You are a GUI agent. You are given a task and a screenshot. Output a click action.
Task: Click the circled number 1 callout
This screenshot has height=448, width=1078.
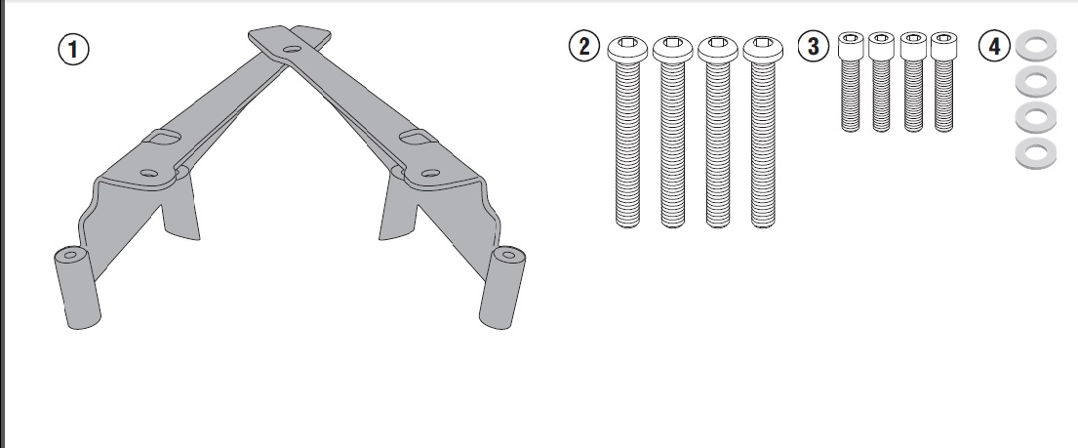[x=73, y=50]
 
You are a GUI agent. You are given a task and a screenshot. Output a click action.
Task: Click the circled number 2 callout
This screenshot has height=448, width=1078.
[x=584, y=46]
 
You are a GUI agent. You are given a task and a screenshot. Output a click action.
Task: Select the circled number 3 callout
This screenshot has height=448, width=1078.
[x=814, y=46]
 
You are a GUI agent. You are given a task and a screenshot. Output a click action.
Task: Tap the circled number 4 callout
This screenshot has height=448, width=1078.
[x=994, y=46]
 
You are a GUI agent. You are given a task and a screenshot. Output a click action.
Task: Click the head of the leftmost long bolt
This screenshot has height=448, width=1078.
[x=627, y=49]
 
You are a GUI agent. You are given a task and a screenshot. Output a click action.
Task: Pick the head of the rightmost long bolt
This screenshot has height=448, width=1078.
[x=763, y=49]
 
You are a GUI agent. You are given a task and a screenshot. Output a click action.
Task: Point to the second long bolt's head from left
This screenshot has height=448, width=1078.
[x=672, y=49]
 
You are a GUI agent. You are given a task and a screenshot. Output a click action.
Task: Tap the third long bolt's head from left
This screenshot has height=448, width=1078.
[x=718, y=49]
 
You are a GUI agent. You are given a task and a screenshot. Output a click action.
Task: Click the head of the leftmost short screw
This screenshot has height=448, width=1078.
[x=851, y=46]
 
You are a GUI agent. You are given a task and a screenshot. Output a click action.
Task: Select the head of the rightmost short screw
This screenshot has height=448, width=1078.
[x=943, y=46]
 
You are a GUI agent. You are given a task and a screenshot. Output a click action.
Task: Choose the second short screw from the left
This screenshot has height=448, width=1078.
[x=881, y=81]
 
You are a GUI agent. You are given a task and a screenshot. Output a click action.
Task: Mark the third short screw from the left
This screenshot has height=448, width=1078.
[x=913, y=81]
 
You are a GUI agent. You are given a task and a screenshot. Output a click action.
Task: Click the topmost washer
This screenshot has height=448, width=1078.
[x=1035, y=46]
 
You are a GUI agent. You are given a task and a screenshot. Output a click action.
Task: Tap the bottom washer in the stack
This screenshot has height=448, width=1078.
[x=1035, y=153]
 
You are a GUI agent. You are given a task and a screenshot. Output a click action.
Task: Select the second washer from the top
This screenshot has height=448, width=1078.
[x=1035, y=82]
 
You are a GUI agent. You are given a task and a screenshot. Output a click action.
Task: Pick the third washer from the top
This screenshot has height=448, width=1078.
[x=1035, y=118]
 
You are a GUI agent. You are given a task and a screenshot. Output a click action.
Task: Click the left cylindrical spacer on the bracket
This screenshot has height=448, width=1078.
[x=77, y=288]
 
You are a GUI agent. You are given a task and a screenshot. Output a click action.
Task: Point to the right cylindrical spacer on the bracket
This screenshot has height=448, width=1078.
[x=501, y=288]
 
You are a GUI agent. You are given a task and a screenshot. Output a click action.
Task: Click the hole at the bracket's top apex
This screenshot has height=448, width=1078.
[x=293, y=50]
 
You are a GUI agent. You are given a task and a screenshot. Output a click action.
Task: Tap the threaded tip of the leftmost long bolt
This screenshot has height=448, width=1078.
[x=627, y=222]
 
